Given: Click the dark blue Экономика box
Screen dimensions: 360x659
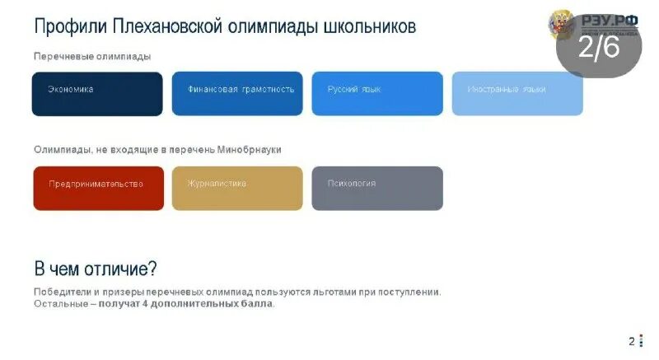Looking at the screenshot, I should [97, 93].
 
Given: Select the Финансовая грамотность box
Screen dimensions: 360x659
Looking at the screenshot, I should [237, 93].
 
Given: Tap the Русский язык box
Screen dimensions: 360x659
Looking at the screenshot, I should [376, 93].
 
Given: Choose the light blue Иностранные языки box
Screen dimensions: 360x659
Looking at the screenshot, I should [516, 93].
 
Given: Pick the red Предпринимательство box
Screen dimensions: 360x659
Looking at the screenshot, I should [98, 188].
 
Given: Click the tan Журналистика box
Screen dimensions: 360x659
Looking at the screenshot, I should [237, 188].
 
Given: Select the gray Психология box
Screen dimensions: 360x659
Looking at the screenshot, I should [376, 188].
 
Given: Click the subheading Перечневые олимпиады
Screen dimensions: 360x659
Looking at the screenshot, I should [92, 56].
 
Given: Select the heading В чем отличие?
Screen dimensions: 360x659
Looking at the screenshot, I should [96, 269].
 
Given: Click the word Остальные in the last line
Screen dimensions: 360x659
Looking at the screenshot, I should [59, 304].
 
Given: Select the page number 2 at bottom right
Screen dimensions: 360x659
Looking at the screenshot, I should [631, 341].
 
